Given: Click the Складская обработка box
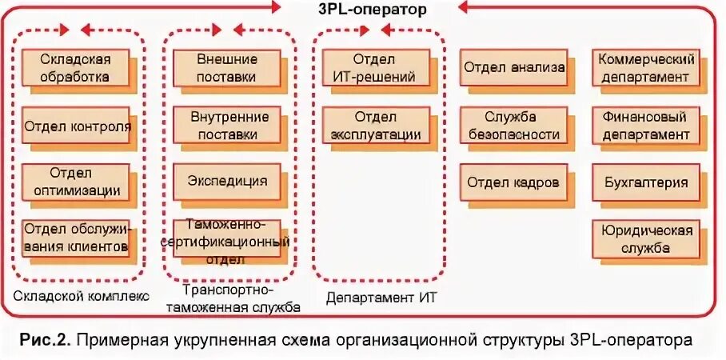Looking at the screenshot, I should [78, 68].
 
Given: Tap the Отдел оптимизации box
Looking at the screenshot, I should [78, 182].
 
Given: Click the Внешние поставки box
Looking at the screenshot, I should [226, 68].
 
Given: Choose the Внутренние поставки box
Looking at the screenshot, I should [228, 125].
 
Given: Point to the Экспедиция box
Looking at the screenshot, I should [228, 181].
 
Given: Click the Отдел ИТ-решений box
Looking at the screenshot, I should [376, 68].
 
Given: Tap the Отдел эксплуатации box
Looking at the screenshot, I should [376, 125].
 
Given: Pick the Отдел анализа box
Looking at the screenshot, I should [514, 68].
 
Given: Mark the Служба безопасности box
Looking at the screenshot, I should [514, 125].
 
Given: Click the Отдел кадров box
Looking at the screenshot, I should [514, 182].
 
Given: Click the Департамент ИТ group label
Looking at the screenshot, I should [376, 298].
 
